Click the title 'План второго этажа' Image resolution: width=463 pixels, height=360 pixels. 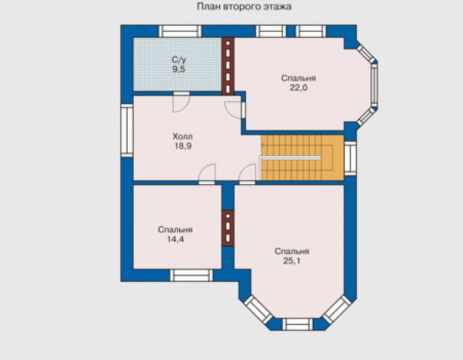point(244,6)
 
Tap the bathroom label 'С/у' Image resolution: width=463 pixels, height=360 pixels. point(179,60)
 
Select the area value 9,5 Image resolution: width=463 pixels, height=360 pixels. point(179,69)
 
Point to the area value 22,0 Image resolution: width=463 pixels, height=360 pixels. point(298,88)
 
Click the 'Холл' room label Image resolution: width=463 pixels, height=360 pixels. point(183,136)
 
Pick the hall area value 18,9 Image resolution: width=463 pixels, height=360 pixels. point(183,146)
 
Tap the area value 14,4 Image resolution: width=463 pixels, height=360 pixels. point(175,239)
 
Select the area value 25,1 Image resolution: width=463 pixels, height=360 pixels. point(292,260)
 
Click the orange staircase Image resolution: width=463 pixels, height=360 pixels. point(302,157)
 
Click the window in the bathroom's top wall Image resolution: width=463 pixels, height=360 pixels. point(180,31)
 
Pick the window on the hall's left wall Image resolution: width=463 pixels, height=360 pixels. point(127,130)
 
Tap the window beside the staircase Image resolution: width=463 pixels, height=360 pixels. point(350,158)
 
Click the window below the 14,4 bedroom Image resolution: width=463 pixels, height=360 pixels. point(191,275)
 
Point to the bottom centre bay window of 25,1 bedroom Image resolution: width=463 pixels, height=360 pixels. point(297,324)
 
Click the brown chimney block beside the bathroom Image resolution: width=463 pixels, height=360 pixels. point(228,66)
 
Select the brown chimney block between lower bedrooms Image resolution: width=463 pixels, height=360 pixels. point(228,228)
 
